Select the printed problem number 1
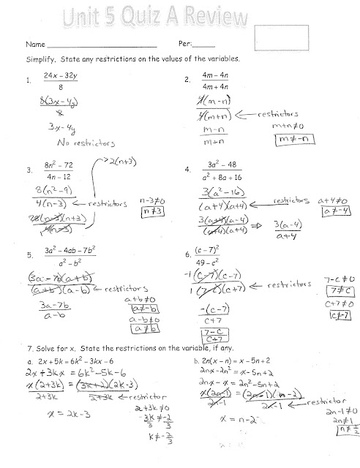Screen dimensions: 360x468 [27, 80]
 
